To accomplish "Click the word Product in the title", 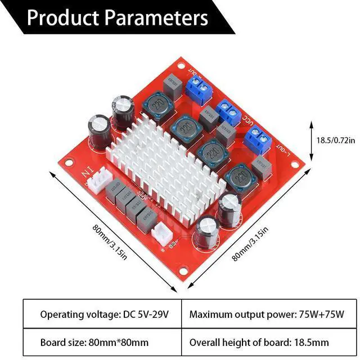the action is [x=62, y=18].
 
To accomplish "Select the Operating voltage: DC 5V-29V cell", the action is [x=101, y=313].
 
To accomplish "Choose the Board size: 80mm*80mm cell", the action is [x=94, y=341].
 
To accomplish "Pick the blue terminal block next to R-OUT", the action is [x=198, y=85].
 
